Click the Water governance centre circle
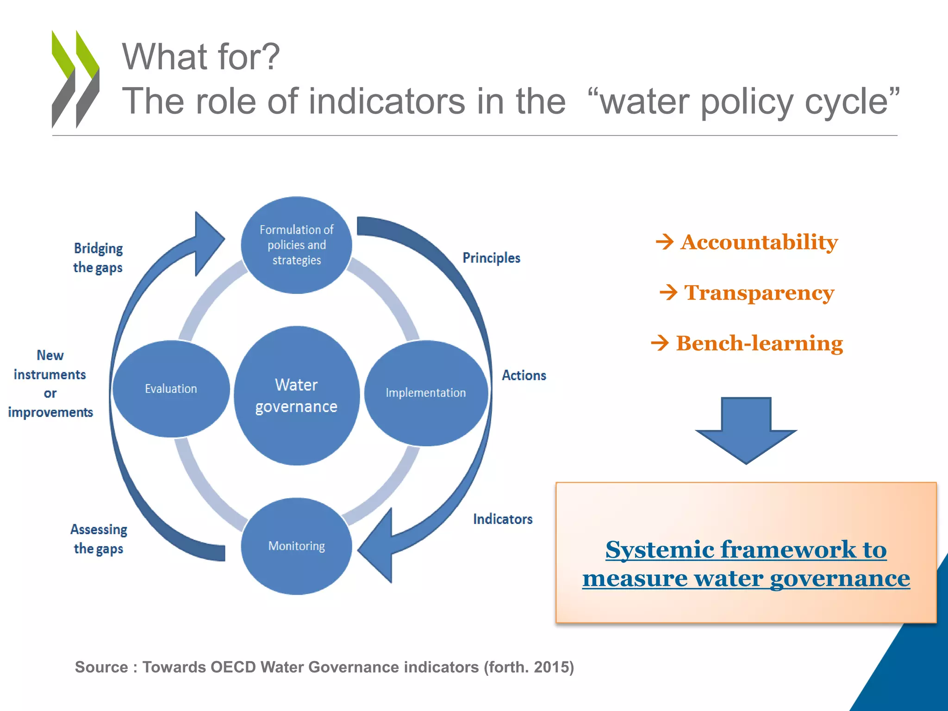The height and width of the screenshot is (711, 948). point(296,396)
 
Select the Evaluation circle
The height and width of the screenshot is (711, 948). point(171,389)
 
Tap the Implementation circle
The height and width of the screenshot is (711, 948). point(426,393)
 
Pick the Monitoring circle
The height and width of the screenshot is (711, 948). point(296,546)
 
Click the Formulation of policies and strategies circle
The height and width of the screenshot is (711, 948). point(296,245)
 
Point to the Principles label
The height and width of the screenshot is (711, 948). point(491,258)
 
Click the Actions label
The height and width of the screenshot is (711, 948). point(524,375)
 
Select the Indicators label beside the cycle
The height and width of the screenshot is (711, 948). point(502,519)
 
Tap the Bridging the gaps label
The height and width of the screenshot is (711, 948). point(98,258)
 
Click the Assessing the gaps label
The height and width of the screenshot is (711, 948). point(99,539)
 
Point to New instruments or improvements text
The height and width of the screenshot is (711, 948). point(50,384)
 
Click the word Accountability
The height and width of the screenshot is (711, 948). point(759,242)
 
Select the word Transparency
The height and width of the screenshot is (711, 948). point(759,293)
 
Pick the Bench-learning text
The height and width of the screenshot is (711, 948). point(759,343)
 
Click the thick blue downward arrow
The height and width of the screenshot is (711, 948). point(746,428)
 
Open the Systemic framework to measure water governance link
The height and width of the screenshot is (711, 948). point(746,564)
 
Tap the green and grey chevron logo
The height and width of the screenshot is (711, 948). point(75,79)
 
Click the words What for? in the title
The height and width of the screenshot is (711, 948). point(200,56)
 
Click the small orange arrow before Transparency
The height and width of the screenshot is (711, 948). point(668,293)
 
